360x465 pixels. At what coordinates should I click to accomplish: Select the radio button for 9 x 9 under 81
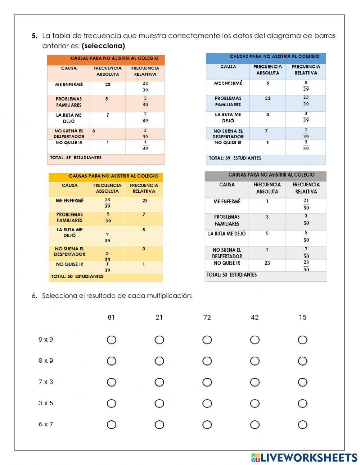[112, 340]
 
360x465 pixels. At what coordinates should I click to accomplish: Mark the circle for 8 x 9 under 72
[207, 361]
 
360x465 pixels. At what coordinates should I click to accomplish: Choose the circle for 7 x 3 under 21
[159, 382]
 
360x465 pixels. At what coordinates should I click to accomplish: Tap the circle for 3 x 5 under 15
[302, 403]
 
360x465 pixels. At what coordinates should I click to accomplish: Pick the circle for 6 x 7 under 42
[255, 425]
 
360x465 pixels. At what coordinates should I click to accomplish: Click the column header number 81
[111, 317]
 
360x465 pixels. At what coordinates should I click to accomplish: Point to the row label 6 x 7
[46, 424]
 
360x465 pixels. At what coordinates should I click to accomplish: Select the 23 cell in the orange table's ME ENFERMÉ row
[108, 85]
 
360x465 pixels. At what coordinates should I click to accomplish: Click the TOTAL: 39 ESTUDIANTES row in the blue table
[235, 158]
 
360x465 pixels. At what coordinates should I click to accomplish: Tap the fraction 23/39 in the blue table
[306, 100]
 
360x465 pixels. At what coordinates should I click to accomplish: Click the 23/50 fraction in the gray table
[306, 265]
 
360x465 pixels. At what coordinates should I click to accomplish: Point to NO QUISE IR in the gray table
[227, 263]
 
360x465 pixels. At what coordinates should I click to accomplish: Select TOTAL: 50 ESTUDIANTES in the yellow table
[77, 277]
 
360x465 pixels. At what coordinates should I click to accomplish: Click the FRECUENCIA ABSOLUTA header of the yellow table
[107, 188]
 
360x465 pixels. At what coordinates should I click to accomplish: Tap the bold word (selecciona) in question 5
[103, 46]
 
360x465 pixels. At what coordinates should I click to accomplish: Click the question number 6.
[34, 296]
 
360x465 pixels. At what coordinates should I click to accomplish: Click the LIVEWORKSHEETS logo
[304, 457]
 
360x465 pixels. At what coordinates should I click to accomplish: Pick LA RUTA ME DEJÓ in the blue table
[228, 117]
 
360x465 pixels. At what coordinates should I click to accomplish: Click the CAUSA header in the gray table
[227, 185]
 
